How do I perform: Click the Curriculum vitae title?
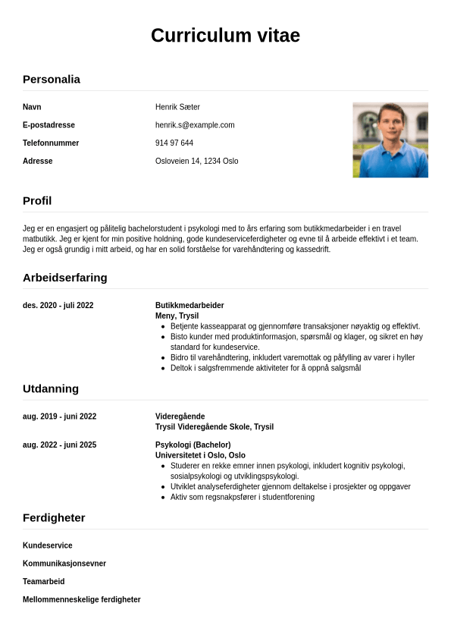[225, 36]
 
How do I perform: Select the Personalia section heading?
[52, 79]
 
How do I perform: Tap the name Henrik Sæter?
[177, 107]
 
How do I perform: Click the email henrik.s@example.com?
[195, 125]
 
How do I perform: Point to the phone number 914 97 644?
[174, 143]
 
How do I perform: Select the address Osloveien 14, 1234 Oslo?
[197, 162]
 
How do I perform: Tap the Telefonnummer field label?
[51, 143]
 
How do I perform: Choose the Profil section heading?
[37, 201]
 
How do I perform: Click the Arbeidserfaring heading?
[65, 278]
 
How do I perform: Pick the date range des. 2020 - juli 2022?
[58, 306]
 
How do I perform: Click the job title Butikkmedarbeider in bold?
[189, 306]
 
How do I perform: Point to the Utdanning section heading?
[51, 388]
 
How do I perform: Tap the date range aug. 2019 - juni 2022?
[60, 416]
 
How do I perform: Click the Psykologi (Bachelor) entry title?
[193, 445]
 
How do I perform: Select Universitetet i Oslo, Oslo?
[200, 455]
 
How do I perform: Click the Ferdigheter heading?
[54, 517]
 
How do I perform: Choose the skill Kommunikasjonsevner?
[64, 564]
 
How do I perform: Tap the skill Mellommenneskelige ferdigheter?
[82, 599]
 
